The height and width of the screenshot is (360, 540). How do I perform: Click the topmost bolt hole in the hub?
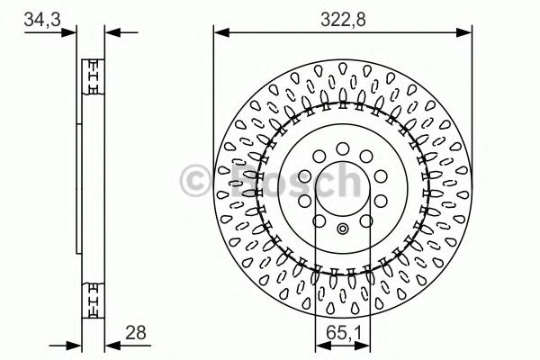click(343, 148)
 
